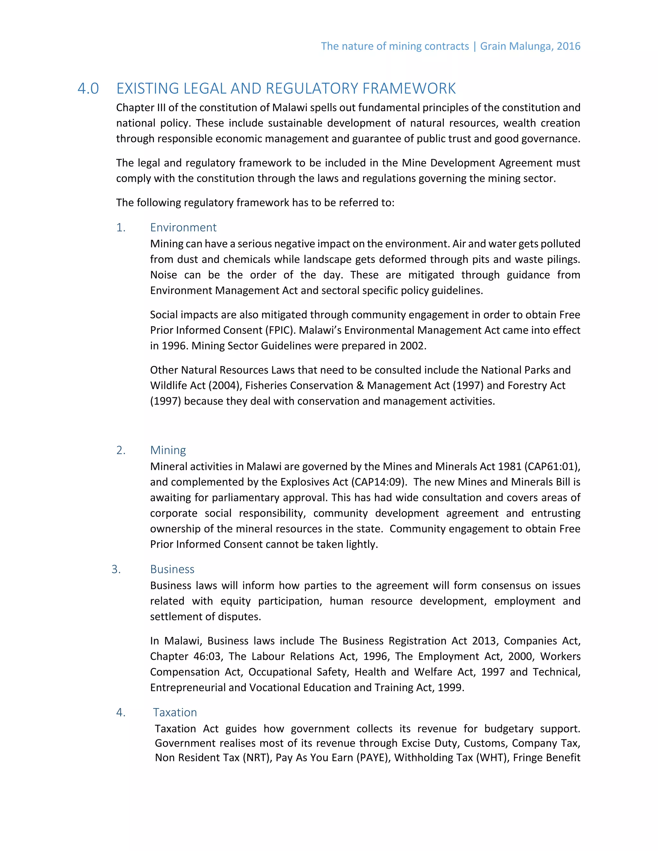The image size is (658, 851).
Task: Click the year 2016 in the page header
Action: click(x=568, y=46)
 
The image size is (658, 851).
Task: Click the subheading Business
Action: click(x=172, y=569)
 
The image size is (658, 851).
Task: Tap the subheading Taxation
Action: click(x=175, y=712)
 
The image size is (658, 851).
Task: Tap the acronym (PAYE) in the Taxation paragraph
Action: click(x=373, y=758)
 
